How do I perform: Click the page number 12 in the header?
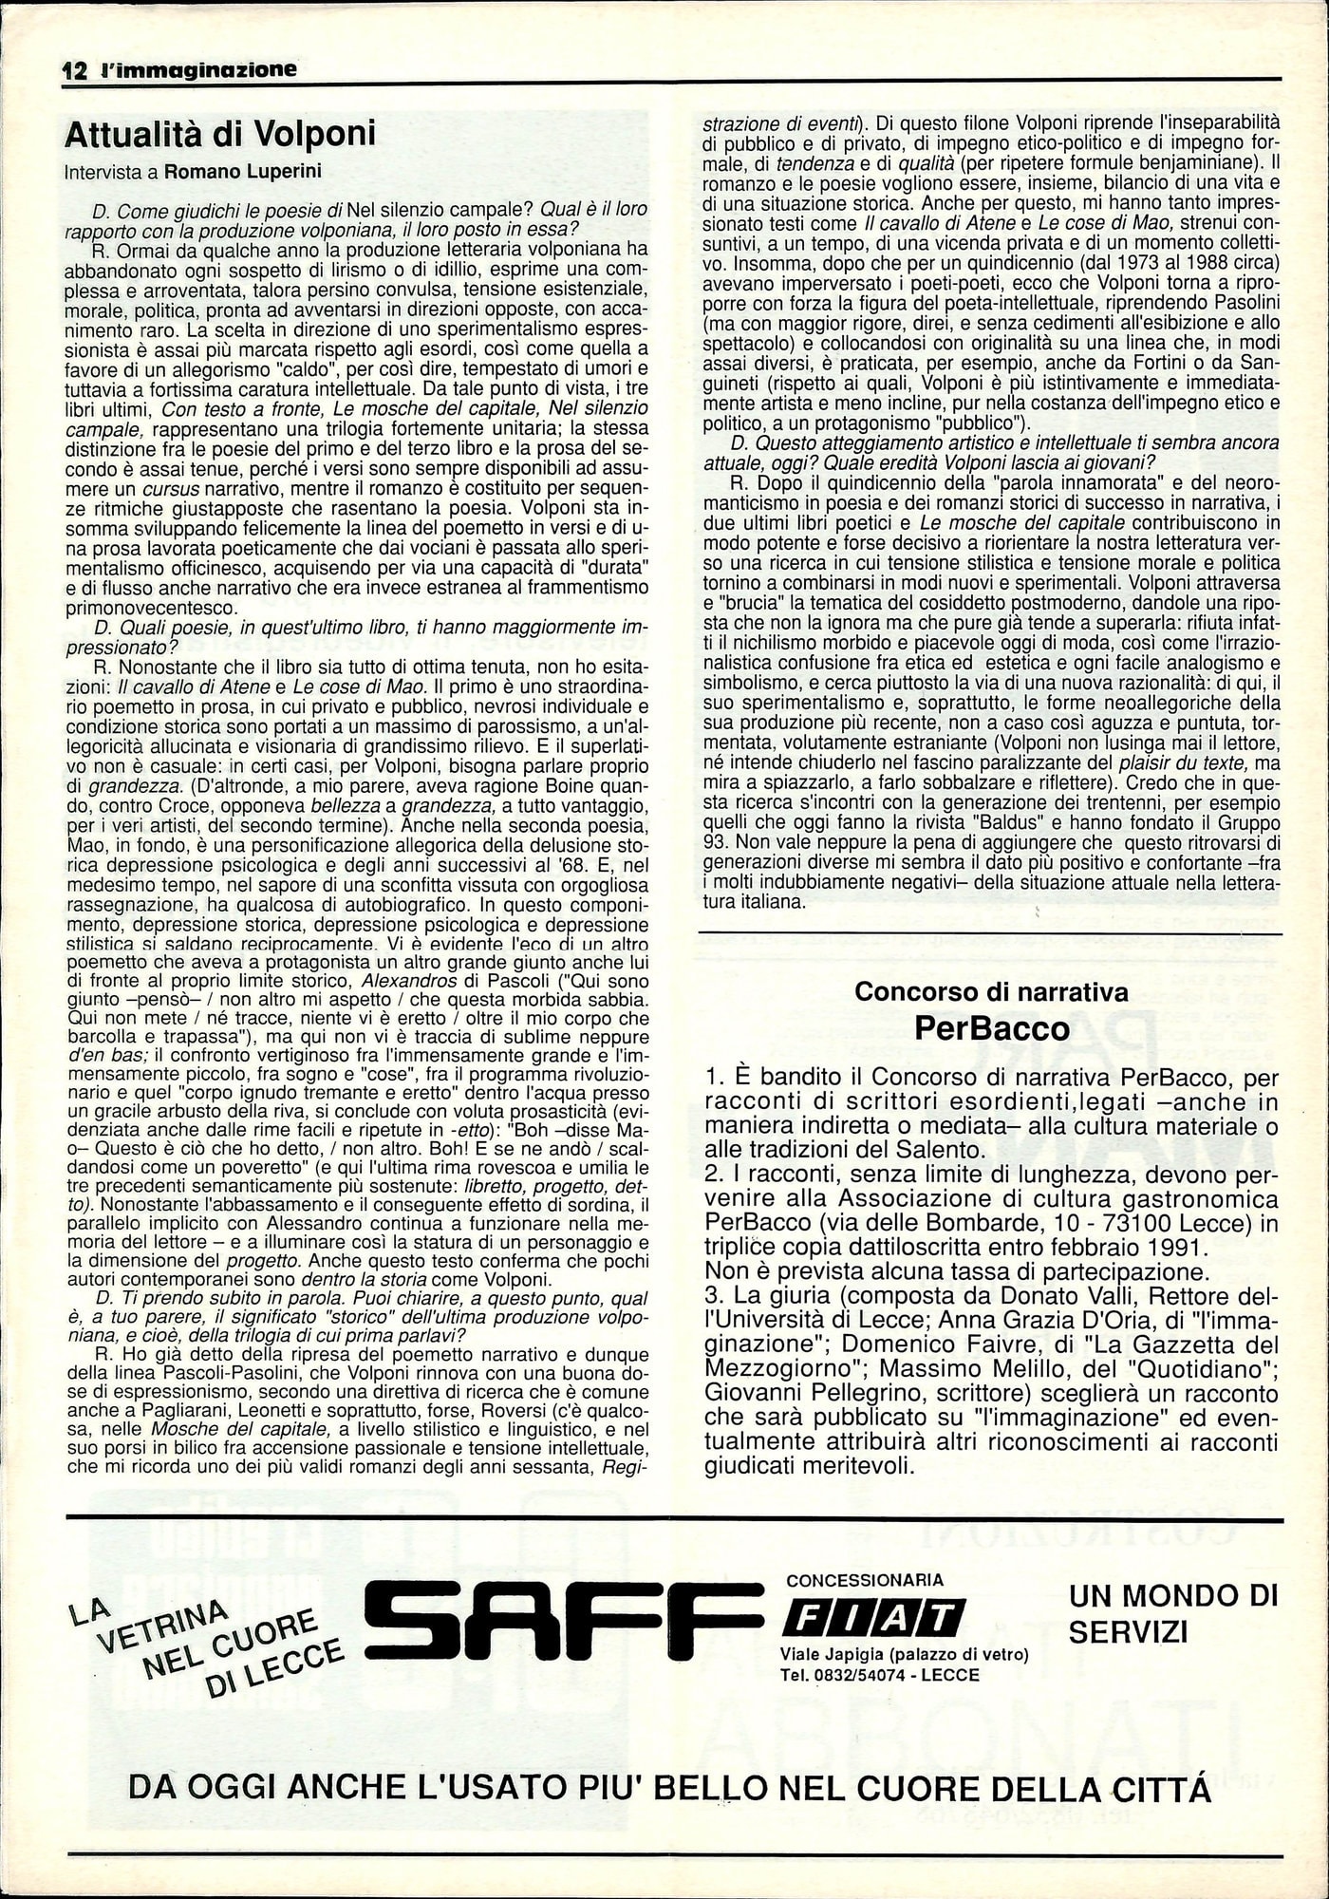click(x=73, y=70)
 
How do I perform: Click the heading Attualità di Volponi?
click(x=219, y=134)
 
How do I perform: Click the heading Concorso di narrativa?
click(x=991, y=991)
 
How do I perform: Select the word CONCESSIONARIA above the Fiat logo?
click(x=866, y=1580)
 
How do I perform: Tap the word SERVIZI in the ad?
click(x=1128, y=1631)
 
